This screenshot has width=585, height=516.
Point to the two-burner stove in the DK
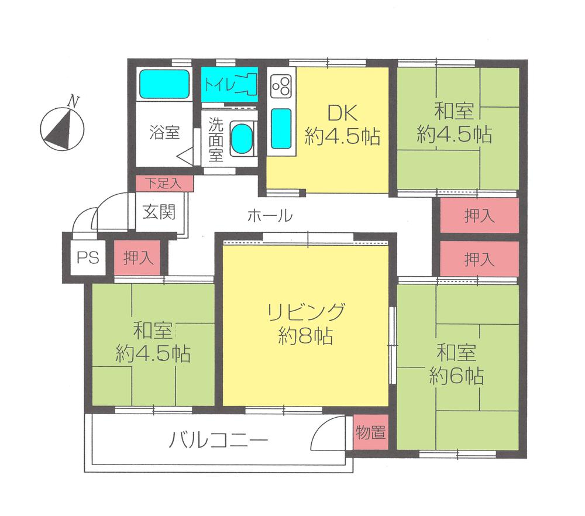pyautogui.click(x=281, y=87)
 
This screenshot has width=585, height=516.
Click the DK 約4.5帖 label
pyautogui.click(x=342, y=125)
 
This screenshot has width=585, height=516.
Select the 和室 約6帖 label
pyautogui.click(x=456, y=364)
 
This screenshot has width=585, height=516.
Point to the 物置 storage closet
pyautogui.click(x=370, y=433)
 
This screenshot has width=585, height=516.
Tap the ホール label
pyautogui.click(x=270, y=216)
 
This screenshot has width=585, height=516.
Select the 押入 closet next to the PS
pyautogui.click(x=137, y=257)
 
